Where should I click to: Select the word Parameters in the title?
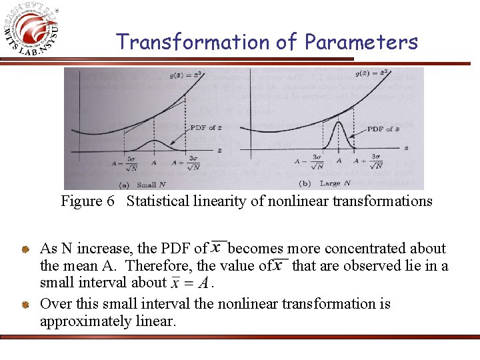click(361, 42)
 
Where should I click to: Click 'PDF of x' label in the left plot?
click(207, 127)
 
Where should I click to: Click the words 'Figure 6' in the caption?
click(82, 201)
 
